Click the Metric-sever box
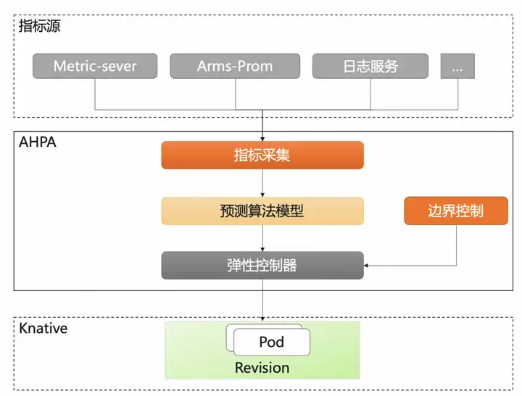[x=95, y=66]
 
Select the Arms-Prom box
[x=235, y=66]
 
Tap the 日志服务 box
[x=370, y=66]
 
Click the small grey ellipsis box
[x=457, y=66]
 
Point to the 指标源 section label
[x=39, y=26]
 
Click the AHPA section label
[x=37, y=143]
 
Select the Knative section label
[x=43, y=328]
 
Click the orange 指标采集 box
[x=262, y=155]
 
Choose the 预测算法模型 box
[x=262, y=211]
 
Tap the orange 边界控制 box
[x=456, y=211]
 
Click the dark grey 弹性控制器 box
[x=262, y=266]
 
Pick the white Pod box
[x=272, y=342]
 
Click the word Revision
[x=262, y=368]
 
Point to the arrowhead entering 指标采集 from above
[x=262, y=139]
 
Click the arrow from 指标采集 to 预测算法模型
[x=262, y=183]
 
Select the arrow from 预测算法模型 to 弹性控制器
[x=262, y=238]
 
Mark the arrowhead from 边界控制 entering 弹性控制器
[x=366, y=266]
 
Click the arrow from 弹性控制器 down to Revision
[x=262, y=300]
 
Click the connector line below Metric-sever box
[x=95, y=94]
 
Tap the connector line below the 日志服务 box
[x=370, y=94]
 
